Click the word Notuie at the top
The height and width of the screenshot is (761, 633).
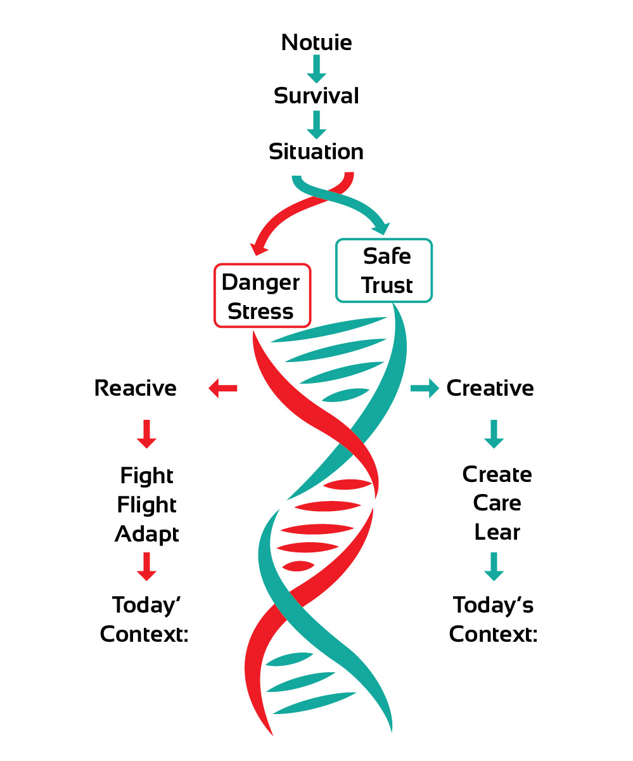point(316,43)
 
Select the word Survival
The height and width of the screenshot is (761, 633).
point(316,96)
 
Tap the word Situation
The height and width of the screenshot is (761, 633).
point(316,152)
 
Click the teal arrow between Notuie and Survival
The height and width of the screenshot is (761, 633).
point(316,69)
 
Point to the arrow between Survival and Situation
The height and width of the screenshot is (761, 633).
point(316,124)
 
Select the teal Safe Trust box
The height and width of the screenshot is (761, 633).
point(384,270)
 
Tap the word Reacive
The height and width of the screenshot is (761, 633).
point(135,388)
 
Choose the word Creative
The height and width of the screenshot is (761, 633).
point(490,388)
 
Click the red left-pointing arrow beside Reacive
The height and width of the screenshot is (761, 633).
point(222,388)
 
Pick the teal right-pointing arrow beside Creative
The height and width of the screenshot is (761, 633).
point(425,388)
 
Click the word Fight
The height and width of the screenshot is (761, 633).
point(146,476)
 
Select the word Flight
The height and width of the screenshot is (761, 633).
point(146,505)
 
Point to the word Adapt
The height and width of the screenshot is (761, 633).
point(146,534)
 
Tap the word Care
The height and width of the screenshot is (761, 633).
point(497,504)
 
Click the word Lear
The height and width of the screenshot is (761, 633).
point(497,533)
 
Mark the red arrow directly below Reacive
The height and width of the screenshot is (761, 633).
point(146,434)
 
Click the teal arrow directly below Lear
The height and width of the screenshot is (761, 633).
point(494,566)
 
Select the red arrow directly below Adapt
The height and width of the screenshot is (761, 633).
point(146,566)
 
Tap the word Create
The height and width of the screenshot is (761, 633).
point(497,474)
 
